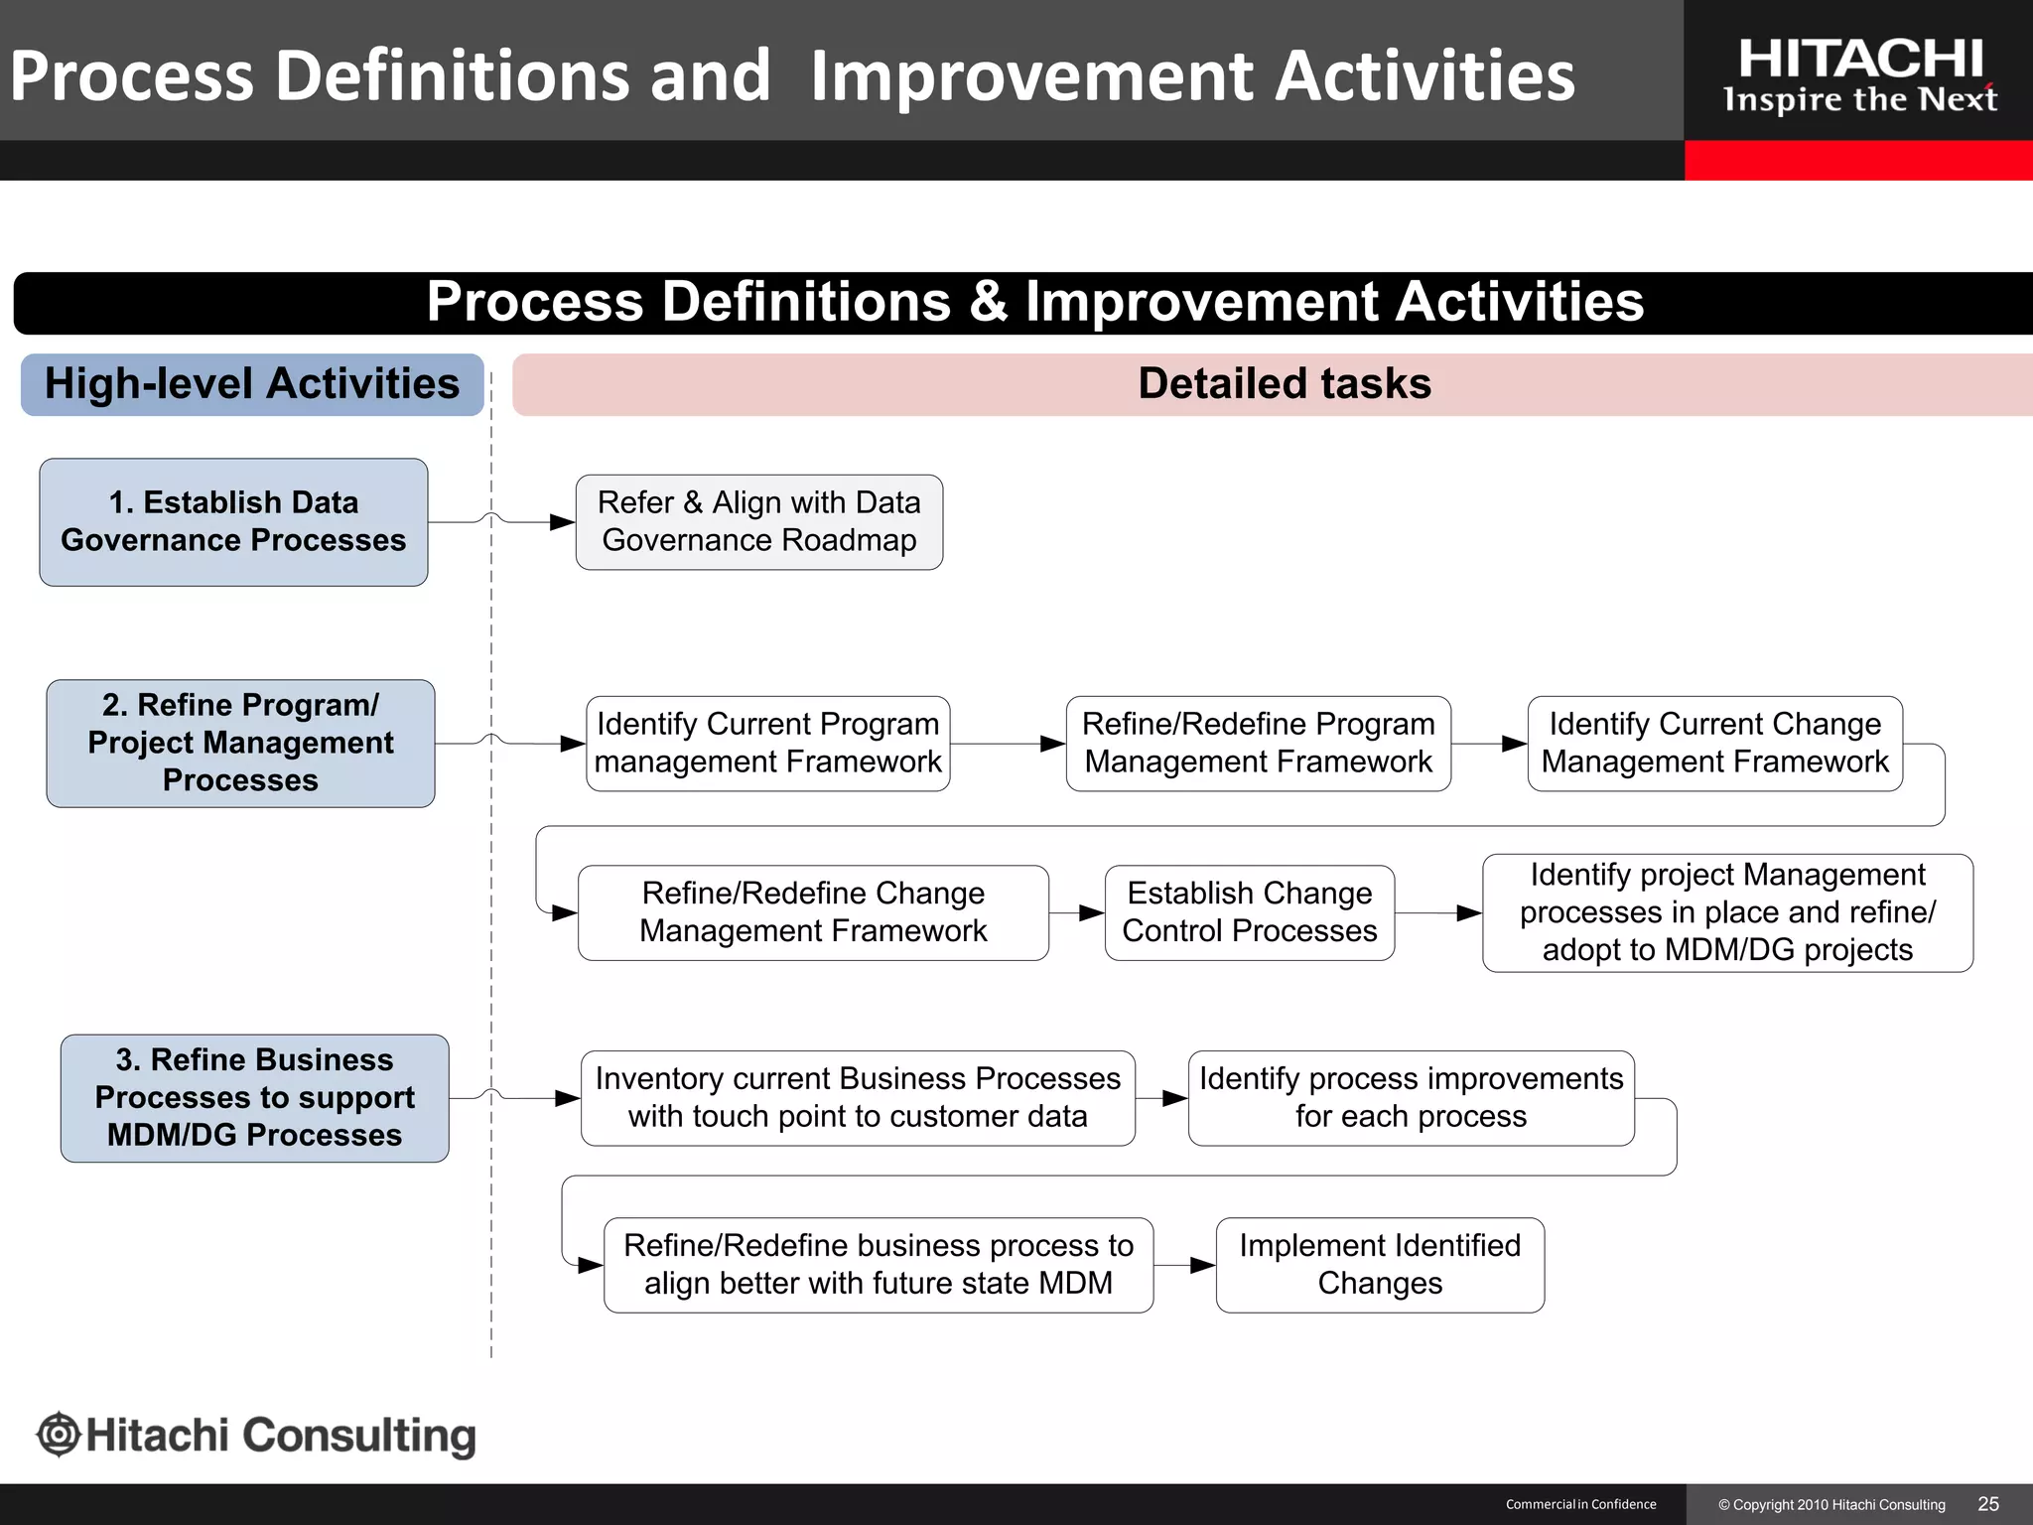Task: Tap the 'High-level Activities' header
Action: coord(252,384)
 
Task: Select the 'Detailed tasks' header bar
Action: coord(1284,384)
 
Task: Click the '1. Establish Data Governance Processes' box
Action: coord(233,522)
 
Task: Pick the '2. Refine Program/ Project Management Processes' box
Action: coord(240,743)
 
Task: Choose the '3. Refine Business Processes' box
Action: coord(254,1098)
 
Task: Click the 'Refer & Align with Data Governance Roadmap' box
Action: coord(759,522)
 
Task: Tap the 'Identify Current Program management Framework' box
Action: coord(767,744)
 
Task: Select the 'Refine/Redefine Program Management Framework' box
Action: coord(1258,744)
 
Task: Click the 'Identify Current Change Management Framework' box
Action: coord(1714,744)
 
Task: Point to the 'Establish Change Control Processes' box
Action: coord(1249,912)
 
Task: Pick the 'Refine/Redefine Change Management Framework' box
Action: coord(813,912)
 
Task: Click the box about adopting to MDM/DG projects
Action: coord(1727,912)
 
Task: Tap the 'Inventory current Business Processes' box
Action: coord(858,1098)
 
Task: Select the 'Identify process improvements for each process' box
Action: coord(1411,1098)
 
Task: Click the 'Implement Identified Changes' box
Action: coord(1380,1265)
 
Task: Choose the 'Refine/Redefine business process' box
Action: coord(879,1265)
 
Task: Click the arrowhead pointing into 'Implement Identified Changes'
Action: coord(1203,1265)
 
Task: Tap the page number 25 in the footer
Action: coord(1987,1504)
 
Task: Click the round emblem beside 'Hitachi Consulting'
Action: coord(59,1435)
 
